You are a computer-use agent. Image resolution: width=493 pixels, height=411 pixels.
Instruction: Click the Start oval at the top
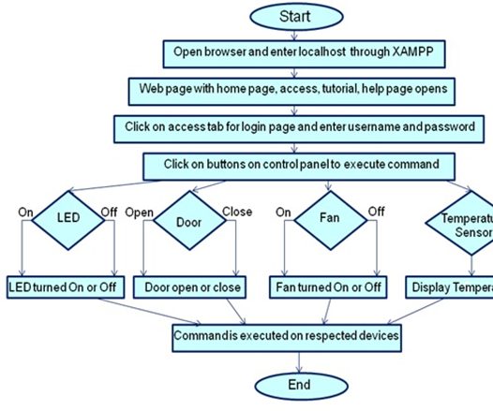click(x=297, y=16)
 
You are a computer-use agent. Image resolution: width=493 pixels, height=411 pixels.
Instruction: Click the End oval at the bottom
click(x=298, y=385)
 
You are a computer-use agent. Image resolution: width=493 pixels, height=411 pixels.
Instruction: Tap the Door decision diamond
click(x=187, y=223)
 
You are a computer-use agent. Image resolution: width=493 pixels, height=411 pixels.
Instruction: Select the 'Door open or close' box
click(x=191, y=285)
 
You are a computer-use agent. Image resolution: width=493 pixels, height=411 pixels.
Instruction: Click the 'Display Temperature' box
click(x=451, y=285)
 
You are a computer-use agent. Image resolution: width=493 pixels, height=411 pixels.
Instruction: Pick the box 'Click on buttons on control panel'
click(x=298, y=164)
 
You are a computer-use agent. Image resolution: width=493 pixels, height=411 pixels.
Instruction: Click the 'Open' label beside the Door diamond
click(x=140, y=211)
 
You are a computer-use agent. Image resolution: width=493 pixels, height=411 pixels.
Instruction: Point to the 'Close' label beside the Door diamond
click(x=237, y=211)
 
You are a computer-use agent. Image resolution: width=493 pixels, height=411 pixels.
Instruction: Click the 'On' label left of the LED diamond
click(x=25, y=213)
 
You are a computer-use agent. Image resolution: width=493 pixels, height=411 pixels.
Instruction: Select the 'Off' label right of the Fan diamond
click(x=376, y=212)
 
